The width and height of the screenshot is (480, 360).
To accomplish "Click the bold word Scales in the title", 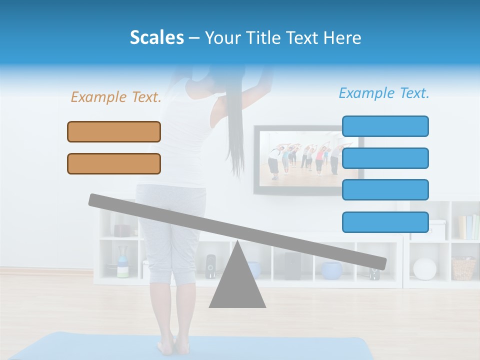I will click(157, 38).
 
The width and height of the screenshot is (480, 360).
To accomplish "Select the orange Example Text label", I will click(116, 97).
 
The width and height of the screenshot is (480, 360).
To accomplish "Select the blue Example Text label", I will click(384, 93).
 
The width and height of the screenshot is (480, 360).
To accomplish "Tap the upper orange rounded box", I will click(114, 131).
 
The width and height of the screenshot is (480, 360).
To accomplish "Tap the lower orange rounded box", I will click(114, 163).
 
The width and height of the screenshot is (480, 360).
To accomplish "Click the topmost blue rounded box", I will click(385, 126).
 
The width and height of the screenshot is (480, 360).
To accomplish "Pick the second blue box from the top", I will click(385, 158).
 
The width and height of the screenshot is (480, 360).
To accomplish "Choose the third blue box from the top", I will click(385, 190).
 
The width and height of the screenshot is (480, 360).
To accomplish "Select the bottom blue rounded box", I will click(385, 222).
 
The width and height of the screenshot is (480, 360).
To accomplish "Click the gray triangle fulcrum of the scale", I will click(237, 280).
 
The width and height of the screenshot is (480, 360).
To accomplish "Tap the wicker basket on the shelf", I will click(463, 268).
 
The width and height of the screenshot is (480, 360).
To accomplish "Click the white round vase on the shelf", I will click(424, 268).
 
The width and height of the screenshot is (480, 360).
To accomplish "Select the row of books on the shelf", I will click(468, 227).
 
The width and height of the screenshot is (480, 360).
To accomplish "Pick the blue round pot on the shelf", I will click(331, 270).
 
